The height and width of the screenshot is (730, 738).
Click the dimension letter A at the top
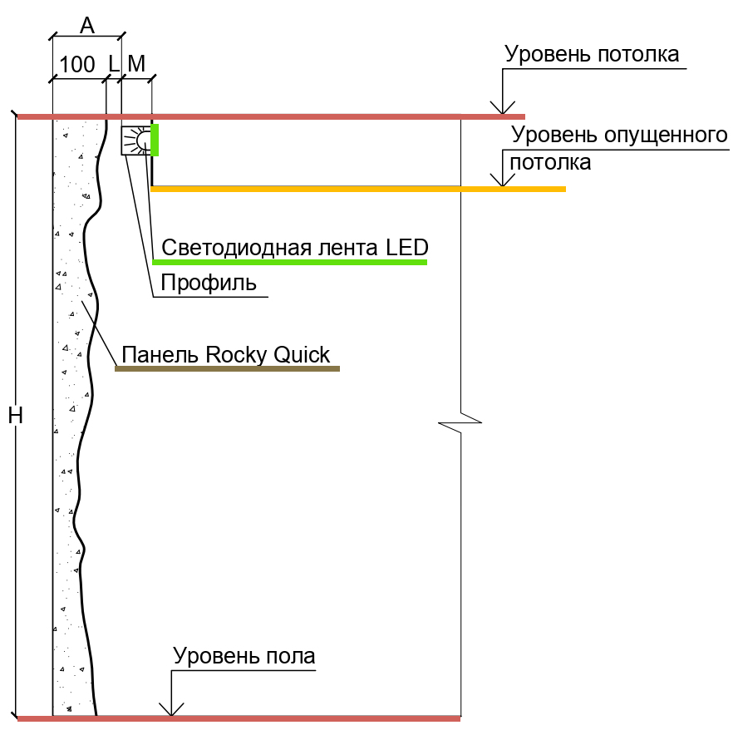click(x=86, y=25)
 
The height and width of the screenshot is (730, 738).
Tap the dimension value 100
click(x=77, y=65)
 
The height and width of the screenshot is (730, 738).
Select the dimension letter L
click(x=113, y=65)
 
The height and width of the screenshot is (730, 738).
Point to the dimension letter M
click(x=136, y=65)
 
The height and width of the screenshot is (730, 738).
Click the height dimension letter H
click(x=15, y=416)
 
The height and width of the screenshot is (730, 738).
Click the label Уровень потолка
click(x=593, y=55)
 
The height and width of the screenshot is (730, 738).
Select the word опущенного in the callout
click(x=661, y=135)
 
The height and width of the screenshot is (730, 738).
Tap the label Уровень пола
click(x=244, y=656)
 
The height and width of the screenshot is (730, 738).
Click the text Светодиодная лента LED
click(x=295, y=248)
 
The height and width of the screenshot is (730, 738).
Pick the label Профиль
click(x=209, y=284)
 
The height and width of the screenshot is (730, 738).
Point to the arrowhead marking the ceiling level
click(x=501, y=108)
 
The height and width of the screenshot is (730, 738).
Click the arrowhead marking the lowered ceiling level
click(x=501, y=180)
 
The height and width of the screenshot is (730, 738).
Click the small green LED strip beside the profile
click(x=155, y=140)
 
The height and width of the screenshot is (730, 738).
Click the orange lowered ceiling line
click(x=357, y=190)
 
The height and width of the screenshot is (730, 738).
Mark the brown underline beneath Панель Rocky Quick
click(x=227, y=367)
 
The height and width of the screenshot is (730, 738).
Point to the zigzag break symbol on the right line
click(x=460, y=422)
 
